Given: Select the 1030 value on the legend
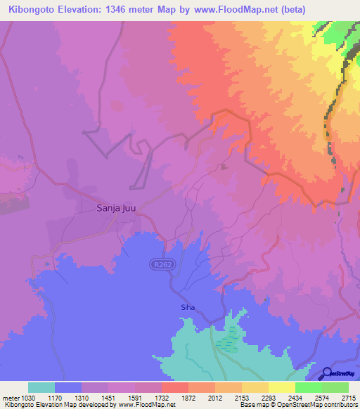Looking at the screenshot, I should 23,398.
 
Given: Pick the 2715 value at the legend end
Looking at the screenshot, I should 348,398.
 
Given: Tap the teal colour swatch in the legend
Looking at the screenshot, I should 41,387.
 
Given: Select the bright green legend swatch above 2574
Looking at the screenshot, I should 308,387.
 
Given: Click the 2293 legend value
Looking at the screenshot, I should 268,398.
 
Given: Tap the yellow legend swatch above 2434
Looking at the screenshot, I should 281,387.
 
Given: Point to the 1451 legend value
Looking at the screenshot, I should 107,398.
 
